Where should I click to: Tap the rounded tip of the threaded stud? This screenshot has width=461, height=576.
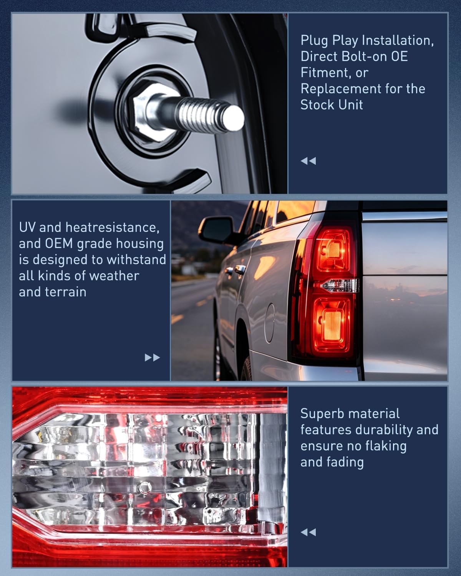click(x=234, y=118)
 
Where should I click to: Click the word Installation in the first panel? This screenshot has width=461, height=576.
click(x=398, y=40)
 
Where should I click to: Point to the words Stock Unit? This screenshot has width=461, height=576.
click(x=332, y=105)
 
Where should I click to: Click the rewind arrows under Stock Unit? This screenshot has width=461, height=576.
click(x=308, y=161)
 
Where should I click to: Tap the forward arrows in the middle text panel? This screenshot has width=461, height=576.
click(x=152, y=358)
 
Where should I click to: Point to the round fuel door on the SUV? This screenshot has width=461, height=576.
click(x=269, y=323)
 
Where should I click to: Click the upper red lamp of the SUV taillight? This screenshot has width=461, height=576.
click(x=334, y=250)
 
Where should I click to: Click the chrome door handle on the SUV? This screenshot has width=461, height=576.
click(x=240, y=268)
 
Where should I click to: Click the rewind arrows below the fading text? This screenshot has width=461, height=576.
click(x=308, y=532)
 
